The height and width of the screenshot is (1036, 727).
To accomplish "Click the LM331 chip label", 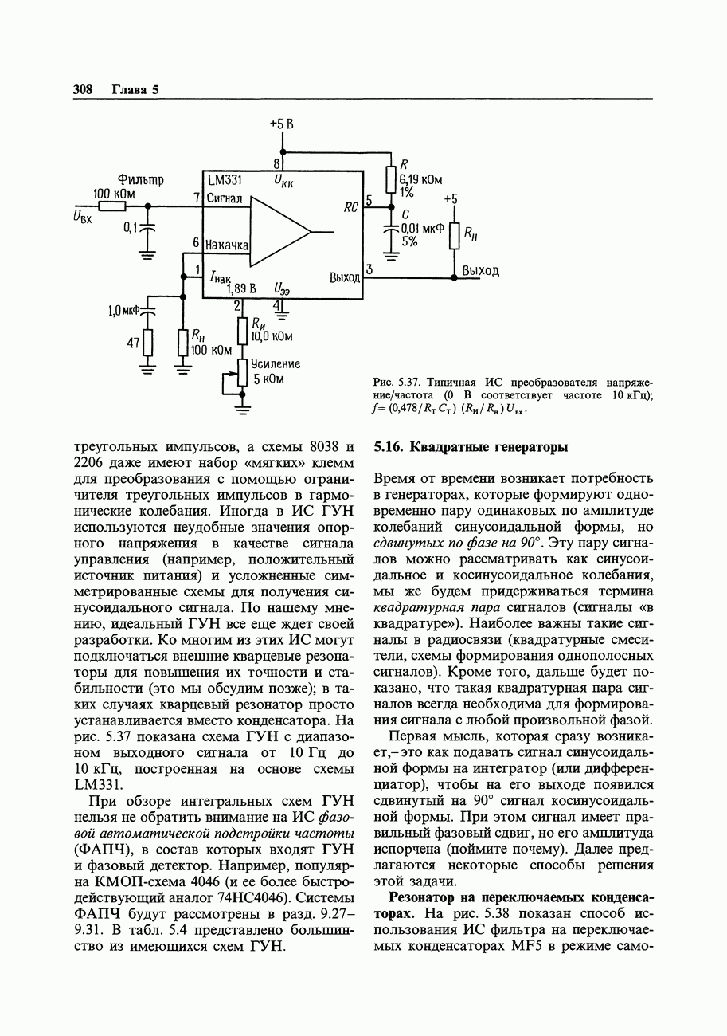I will [225, 180].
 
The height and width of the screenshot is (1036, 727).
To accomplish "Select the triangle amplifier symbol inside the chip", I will [279, 231].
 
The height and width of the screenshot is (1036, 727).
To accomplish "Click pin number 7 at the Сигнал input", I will [196, 198].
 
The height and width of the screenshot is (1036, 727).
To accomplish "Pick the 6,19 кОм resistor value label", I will [420, 180].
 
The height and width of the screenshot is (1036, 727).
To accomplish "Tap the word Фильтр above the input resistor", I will [140, 180].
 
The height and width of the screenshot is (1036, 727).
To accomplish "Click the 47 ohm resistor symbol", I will [147, 343].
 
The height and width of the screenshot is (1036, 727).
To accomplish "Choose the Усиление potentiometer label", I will [276, 363].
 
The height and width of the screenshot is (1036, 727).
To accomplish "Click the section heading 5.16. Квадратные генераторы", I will [471, 447].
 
